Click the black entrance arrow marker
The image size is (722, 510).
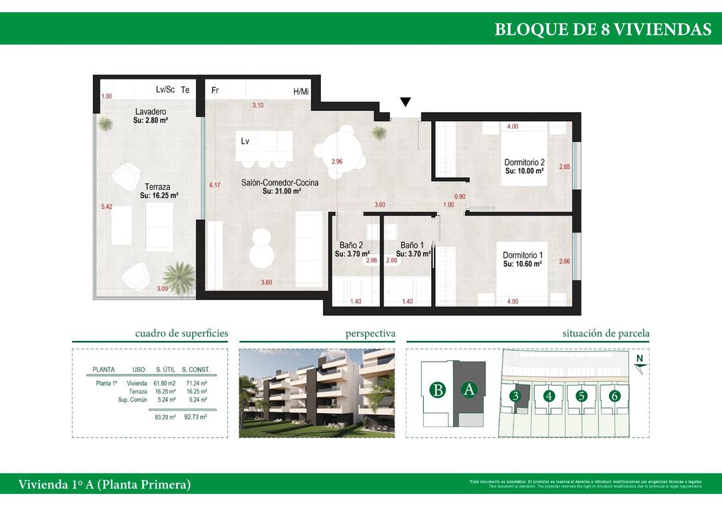click(x=405, y=102)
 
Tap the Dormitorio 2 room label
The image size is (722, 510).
click(x=524, y=162)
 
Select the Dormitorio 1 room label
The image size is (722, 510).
click(x=522, y=255)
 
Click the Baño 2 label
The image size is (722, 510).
click(x=351, y=245)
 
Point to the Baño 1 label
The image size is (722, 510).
click(x=412, y=245)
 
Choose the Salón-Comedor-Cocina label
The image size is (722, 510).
click(x=280, y=182)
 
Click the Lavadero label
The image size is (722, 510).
click(x=150, y=112)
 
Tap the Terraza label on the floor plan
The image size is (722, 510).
click(x=157, y=187)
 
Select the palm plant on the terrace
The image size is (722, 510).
click(x=177, y=274)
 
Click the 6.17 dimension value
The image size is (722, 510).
click(x=214, y=185)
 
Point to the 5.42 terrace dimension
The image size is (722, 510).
click(x=106, y=207)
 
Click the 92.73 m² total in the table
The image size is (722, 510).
click(x=195, y=416)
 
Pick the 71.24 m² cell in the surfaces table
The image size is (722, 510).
click(x=195, y=383)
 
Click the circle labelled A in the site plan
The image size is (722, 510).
click(x=469, y=390)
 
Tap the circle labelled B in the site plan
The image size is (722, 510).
click(x=437, y=390)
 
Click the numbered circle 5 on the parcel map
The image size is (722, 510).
click(x=582, y=396)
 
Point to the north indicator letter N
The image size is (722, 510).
click(x=640, y=358)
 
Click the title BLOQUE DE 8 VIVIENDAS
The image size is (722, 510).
click(x=602, y=29)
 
